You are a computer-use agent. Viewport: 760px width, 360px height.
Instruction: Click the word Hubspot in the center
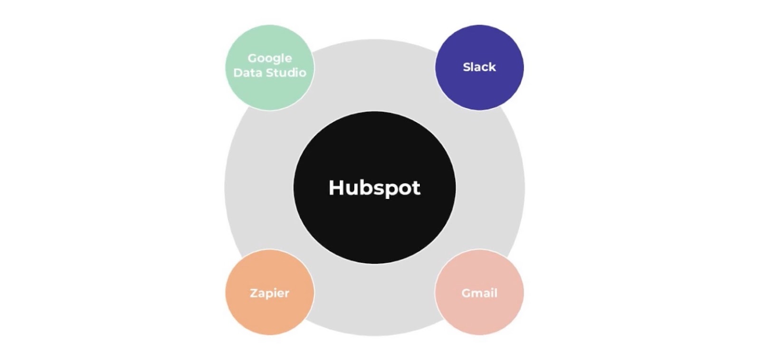[x=374, y=188]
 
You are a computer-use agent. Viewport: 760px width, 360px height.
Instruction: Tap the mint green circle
[x=269, y=93]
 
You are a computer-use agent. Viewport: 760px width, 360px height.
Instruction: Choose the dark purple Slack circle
[x=479, y=88]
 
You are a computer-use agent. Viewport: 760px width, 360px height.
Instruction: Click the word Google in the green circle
[x=269, y=58]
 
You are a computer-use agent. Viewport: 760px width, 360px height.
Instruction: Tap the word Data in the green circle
[x=247, y=73]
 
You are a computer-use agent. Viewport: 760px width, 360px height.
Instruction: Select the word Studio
[x=285, y=73]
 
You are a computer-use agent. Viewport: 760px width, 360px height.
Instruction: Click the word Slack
[x=479, y=67]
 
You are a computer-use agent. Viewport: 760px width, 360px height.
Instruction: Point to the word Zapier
[x=269, y=293]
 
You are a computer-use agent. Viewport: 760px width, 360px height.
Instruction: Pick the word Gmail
[x=479, y=293]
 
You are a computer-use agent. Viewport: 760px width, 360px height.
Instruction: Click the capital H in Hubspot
[x=336, y=187]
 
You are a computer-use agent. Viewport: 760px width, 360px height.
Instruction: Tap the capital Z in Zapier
[x=254, y=293]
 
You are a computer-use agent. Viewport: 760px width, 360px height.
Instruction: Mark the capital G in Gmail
[x=466, y=293]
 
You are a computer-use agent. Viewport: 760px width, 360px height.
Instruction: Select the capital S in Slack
[x=466, y=67]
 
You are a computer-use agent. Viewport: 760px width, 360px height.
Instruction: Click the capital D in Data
[x=238, y=73]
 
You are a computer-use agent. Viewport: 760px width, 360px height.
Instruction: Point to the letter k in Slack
[x=492, y=67]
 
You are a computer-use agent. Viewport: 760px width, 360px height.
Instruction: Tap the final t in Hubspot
[x=416, y=188]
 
